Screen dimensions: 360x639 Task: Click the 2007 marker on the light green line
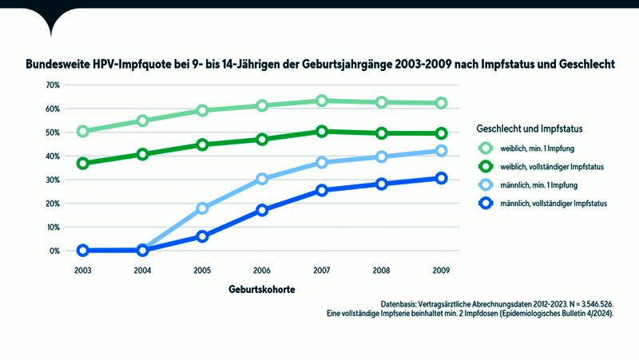(x=321, y=101)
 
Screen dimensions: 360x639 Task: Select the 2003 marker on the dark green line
(x=82, y=163)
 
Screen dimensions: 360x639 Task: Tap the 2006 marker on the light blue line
(x=262, y=179)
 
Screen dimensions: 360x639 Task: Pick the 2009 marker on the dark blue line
(x=441, y=178)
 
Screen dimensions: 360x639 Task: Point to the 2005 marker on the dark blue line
(x=202, y=236)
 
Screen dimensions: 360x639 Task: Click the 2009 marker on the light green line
(x=441, y=103)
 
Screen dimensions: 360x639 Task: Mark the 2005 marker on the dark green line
(x=202, y=144)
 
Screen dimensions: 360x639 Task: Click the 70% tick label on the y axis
(x=54, y=85)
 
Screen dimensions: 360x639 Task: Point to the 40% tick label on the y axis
(x=54, y=156)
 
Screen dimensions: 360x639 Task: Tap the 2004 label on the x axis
(x=142, y=270)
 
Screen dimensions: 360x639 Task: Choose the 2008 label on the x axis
(x=382, y=270)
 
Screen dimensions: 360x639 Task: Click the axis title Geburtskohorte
(x=261, y=291)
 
